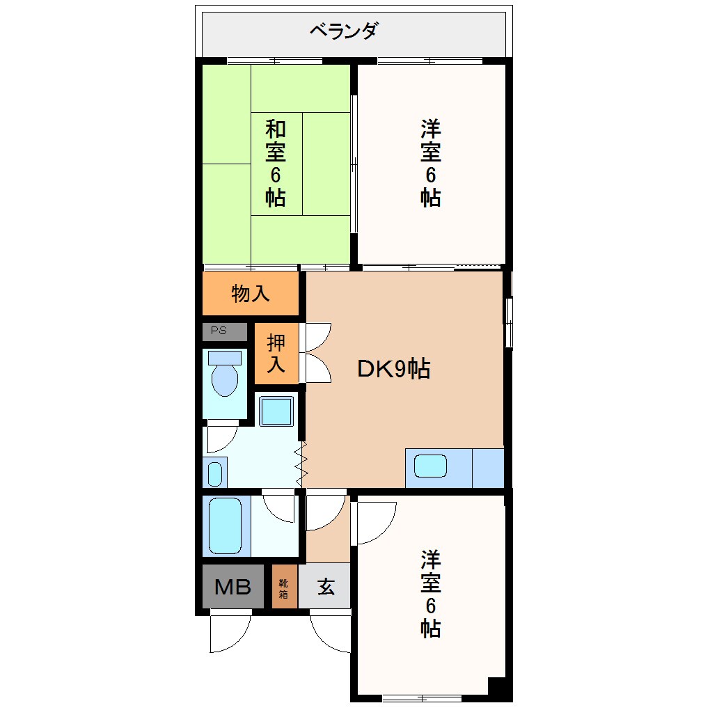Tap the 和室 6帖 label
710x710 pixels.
[x=275, y=163]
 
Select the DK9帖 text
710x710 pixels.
[x=393, y=368]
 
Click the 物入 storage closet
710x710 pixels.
[x=251, y=293]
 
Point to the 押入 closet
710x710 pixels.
[x=276, y=353]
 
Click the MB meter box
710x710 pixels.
[x=232, y=587]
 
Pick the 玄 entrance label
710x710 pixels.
[x=325, y=587]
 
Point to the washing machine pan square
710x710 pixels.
[x=276, y=411]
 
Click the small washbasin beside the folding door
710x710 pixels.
[x=215, y=473]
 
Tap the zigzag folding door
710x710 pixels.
[x=302, y=463]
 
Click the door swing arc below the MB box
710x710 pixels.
[x=230, y=633]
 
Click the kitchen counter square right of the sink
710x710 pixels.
[x=488, y=468]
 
